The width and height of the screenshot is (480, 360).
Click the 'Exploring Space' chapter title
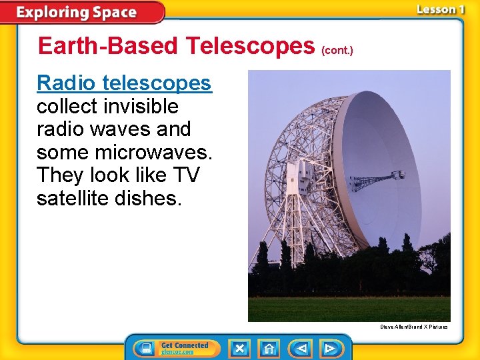[76, 13]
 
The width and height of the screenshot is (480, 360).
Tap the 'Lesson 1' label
[440, 9]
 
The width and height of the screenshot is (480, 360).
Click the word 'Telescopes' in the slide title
[251, 46]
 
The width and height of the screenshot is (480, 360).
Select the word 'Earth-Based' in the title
[108, 46]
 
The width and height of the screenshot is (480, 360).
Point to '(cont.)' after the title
[337, 50]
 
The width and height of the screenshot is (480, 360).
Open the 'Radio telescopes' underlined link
[124, 83]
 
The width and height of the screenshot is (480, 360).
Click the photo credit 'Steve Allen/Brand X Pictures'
[413, 327]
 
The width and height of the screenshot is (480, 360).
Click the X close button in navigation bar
[239, 348]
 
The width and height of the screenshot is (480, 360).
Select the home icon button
[269, 348]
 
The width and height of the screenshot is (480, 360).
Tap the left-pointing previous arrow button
[301, 348]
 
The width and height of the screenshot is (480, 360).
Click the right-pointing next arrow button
[329, 348]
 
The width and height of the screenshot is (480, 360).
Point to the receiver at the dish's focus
[397, 175]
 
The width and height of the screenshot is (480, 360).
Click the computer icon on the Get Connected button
[145, 348]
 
